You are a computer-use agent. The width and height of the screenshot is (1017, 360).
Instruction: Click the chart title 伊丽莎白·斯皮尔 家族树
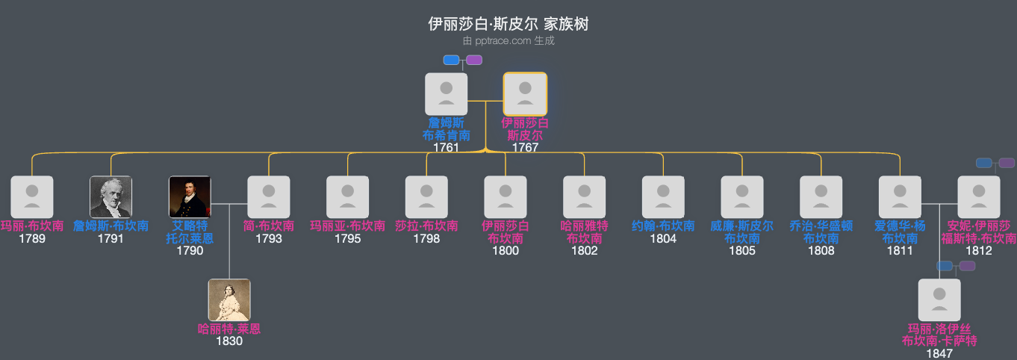click(x=508, y=24)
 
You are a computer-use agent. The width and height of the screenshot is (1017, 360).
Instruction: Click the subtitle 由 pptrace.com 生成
click(x=508, y=40)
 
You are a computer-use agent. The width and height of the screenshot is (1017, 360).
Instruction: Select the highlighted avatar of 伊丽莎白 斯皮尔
click(x=525, y=94)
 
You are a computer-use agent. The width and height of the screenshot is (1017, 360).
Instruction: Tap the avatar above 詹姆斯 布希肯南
click(x=446, y=94)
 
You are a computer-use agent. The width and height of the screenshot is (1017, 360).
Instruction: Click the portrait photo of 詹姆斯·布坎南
click(x=111, y=197)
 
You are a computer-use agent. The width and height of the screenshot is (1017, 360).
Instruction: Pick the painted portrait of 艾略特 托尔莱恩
click(x=190, y=197)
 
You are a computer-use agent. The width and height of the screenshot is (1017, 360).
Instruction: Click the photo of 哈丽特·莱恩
click(x=229, y=300)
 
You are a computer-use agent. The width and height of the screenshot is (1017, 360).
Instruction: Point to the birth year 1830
click(x=229, y=341)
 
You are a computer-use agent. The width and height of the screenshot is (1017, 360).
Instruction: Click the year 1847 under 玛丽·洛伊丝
click(x=939, y=353)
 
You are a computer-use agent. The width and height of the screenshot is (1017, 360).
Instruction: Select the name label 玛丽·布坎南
click(x=32, y=226)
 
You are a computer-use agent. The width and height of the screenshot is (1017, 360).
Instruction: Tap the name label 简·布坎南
click(x=269, y=226)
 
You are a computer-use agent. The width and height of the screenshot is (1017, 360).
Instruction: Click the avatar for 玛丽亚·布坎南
click(x=348, y=197)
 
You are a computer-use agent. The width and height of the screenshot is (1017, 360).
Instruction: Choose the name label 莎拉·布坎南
click(x=426, y=226)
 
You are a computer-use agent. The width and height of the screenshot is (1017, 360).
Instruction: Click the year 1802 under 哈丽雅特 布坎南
click(x=585, y=251)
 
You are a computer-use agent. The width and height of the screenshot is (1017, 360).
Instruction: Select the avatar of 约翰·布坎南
click(x=663, y=197)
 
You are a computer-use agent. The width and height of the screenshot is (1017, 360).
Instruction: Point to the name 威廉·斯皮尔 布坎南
click(x=742, y=232)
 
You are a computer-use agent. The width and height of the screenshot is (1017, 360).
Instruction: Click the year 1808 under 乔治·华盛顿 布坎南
click(x=821, y=251)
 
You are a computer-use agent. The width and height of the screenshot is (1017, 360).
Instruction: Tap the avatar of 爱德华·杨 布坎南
click(x=900, y=197)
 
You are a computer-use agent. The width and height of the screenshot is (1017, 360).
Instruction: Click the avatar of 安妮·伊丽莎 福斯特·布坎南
click(x=979, y=197)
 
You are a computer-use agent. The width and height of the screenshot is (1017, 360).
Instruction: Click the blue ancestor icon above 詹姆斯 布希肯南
click(x=451, y=60)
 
